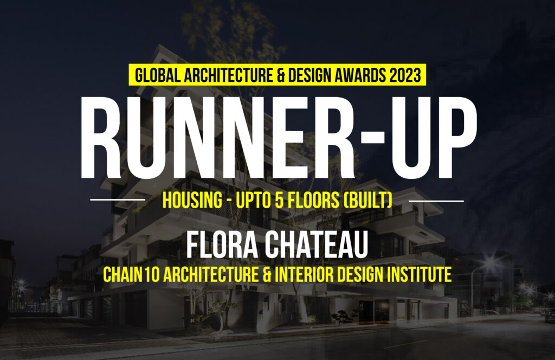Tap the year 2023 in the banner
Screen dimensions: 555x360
(x=405, y=75)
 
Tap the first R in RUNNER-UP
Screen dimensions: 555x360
(x=100, y=138)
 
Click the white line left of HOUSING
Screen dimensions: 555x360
(x=118, y=200)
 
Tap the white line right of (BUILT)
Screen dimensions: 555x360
(x=436, y=201)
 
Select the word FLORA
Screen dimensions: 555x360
(x=222, y=245)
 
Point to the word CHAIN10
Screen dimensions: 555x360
(x=131, y=274)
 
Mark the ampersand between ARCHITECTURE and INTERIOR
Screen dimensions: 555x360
(x=267, y=274)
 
